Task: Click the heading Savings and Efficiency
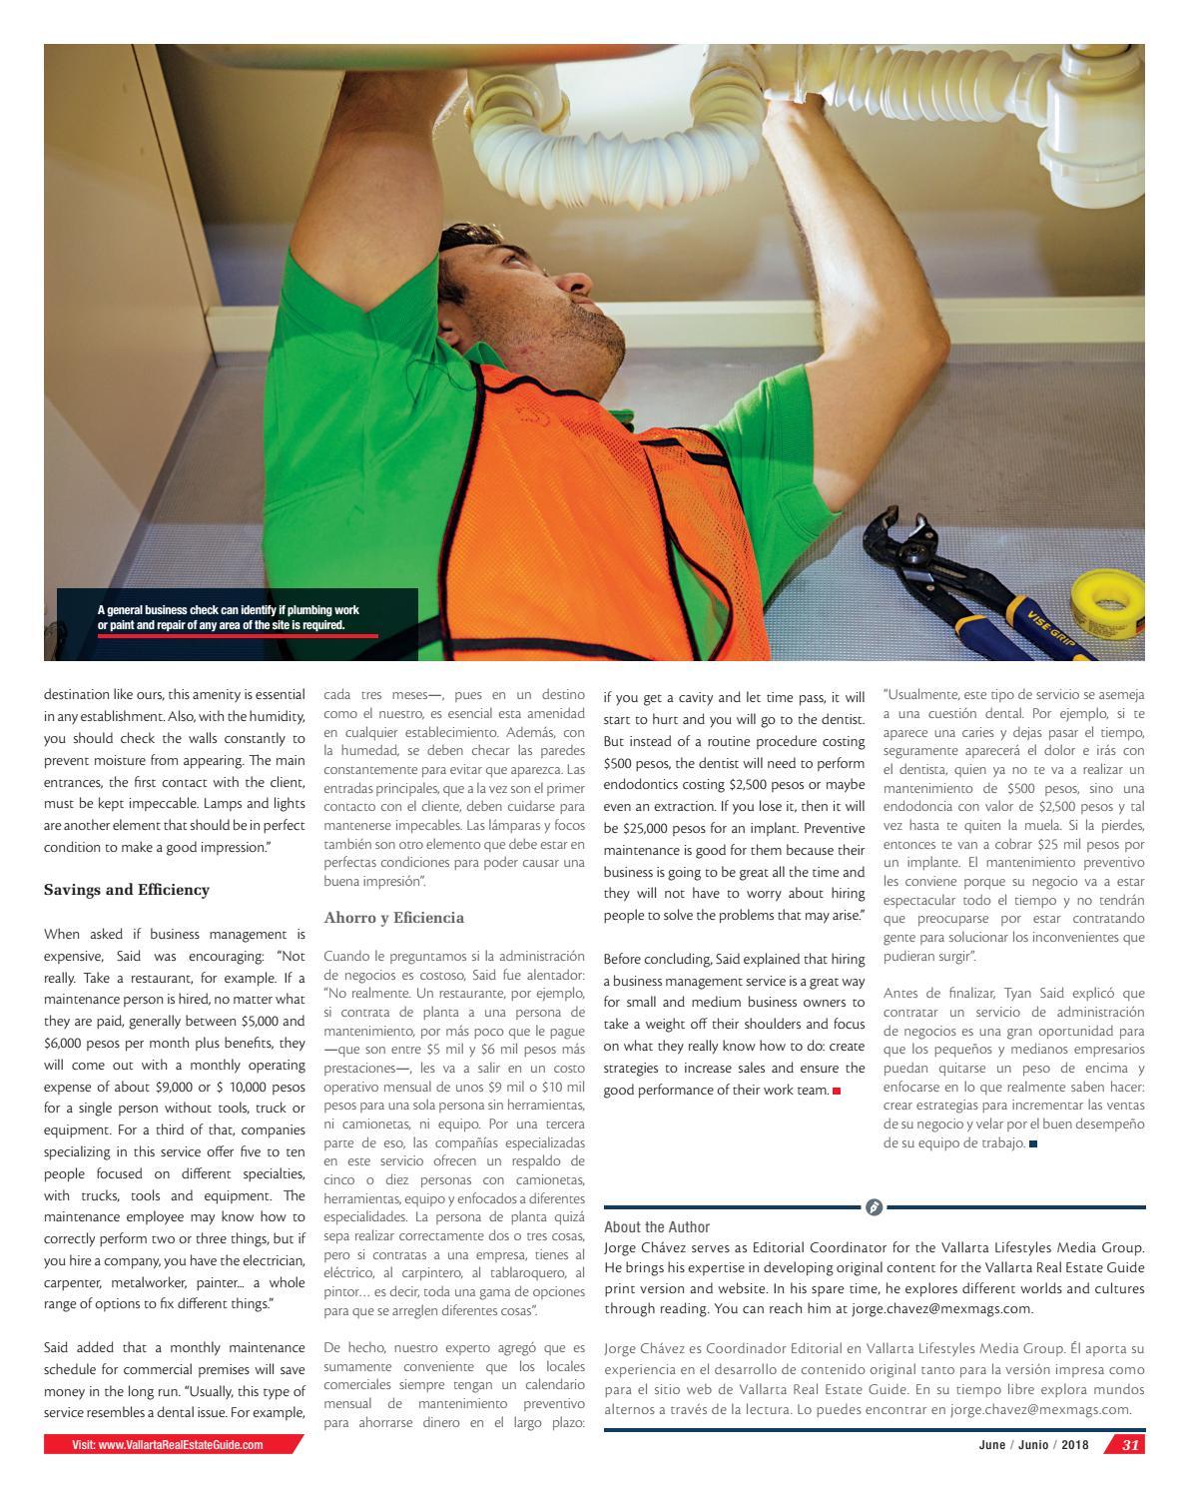click(x=127, y=890)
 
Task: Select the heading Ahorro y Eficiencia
click(x=393, y=917)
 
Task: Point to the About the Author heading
click(x=657, y=1227)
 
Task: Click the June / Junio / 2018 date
click(x=1033, y=1445)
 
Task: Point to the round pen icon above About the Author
click(x=874, y=1207)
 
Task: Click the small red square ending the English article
click(x=837, y=1091)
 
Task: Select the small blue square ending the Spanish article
click(x=1033, y=1143)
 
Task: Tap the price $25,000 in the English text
click(x=654, y=828)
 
